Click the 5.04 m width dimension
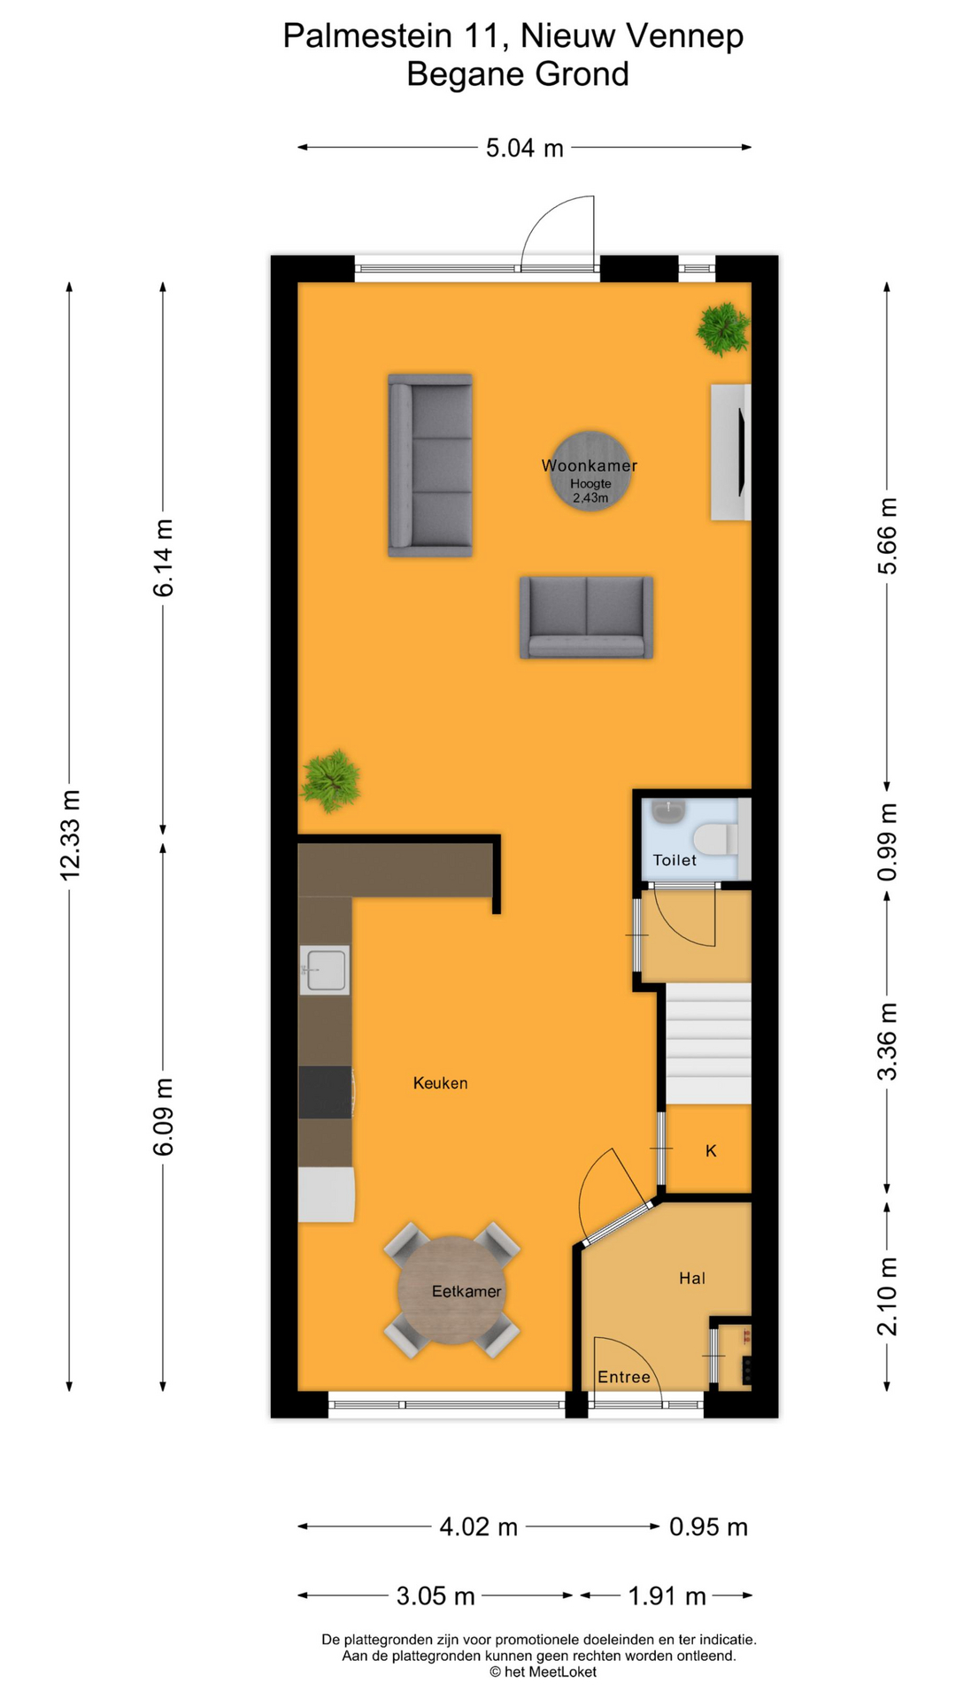point(524,148)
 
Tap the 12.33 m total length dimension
point(70,834)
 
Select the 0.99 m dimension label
point(887,842)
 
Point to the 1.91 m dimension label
point(667,1595)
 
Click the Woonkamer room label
point(590,465)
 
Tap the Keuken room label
point(440,1083)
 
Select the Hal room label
point(692,1278)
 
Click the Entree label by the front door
point(624,1377)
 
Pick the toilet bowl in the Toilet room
point(714,839)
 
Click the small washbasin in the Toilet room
point(667,811)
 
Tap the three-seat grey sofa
point(430,465)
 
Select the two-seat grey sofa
point(586,618)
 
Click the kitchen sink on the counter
point(325,970)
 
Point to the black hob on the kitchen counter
point(325,1092)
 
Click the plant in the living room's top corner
point(723,328)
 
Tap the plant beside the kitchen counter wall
point(331,780)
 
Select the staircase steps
point(708,1043)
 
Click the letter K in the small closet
point(711,1150)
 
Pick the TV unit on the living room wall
point(731,452)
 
